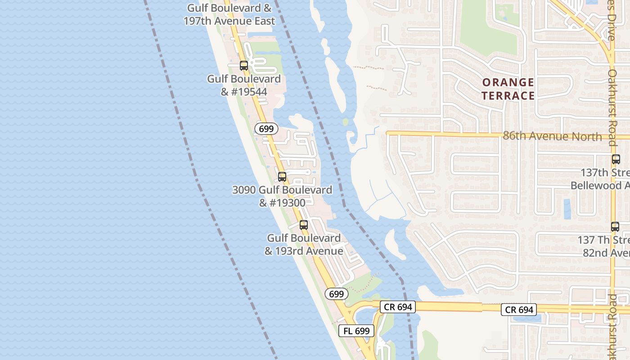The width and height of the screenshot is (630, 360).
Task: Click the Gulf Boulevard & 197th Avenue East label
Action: (x=229, y=14)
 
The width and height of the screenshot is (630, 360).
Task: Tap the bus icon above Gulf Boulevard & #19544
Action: (x=244, y=66)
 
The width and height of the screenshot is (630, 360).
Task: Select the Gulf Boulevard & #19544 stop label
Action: (x=243, y=85)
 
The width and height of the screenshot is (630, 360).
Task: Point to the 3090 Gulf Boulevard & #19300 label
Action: (x=282, y=196)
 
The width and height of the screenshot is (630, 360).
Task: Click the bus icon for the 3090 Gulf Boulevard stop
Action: (x=282, y=177)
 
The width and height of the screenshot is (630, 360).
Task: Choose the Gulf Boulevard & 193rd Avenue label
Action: (x=304, y=244)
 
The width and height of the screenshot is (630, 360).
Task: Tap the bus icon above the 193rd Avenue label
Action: (x=304, y=225)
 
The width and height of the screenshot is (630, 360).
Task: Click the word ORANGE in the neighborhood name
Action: (x=508, y=83)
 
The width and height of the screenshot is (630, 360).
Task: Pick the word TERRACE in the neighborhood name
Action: (x=508, y=95)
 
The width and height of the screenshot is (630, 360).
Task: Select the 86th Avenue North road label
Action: (x=552, y=136)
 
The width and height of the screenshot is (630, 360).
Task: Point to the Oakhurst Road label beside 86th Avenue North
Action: (x=612, y=107)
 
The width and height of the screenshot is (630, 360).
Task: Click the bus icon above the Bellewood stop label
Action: (x=616, y=159)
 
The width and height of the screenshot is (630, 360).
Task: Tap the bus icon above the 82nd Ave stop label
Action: (x=615, y=227)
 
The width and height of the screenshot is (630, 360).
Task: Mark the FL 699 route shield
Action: (x=356, y=331)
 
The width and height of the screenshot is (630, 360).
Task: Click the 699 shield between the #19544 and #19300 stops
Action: (x=266, y=129)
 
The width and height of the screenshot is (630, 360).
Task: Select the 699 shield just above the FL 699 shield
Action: (x=336, y=294)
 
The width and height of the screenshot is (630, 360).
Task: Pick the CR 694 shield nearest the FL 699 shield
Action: (x=397, y=307)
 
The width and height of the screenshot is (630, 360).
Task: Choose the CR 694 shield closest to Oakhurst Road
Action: (x=519, y=310)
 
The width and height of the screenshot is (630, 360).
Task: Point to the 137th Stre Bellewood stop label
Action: (x=600, y=179)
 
